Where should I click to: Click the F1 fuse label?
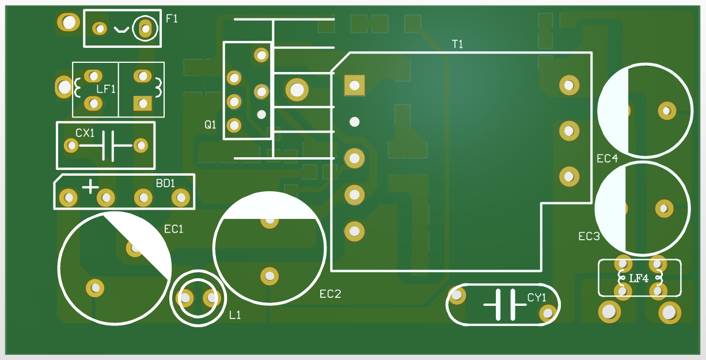[x=172, y=18]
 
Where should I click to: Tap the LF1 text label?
[x=106, y=89]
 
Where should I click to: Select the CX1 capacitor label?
[x=85, y=133]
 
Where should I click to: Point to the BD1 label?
[x=165, y=183]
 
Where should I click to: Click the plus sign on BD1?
[x=90, y=187]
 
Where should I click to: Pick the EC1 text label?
[x=173, y=229]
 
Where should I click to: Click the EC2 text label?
[x=331, y=294]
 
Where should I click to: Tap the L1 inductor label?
[x=235, y=315]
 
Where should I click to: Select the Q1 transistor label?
[x=210, y=124]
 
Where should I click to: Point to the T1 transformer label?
[x=458, y=44]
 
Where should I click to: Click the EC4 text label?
[x=607, y=158]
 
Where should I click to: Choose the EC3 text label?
[x=589, y=236]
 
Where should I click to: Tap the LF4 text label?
[x=639, y=279]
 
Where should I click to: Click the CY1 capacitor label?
[x=536, y=298]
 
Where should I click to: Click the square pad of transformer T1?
[x=354, y=85]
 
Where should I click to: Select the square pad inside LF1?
[x=142, y=103]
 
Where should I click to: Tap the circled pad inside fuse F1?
[x=145, y=28]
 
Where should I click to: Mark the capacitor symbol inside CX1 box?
[x=107, y=146]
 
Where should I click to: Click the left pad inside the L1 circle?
[x=185, y=298]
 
